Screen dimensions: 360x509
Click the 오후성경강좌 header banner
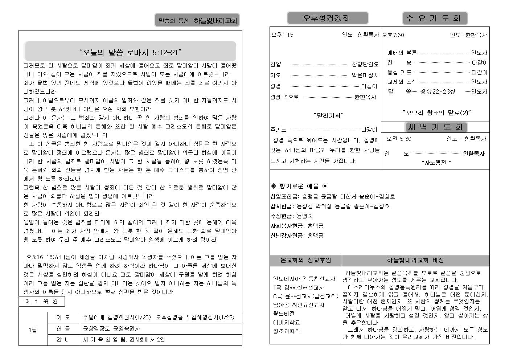(x=327, y=18)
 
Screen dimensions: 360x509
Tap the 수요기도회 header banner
(x=435, y=18)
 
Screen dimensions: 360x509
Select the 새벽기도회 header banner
(x=435, y=127)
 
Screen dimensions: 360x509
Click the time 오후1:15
(x=282, y=35)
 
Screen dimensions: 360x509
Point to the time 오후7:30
(x=393, y=35)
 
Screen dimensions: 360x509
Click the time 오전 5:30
(x=399, y=139)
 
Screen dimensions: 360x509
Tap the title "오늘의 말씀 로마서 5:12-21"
(x=130, y=52)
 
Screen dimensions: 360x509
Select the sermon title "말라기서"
(x=328, y=116)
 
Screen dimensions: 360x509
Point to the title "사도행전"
(x=436, y=163)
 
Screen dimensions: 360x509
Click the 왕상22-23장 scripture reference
(x=438, y=91)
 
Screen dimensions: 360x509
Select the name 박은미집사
(x=365, y=75)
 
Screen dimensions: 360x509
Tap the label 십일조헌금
(x=285, y=196)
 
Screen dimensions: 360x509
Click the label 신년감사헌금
(x=287, y=236)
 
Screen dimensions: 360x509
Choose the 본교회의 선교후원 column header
(x=306, y=260)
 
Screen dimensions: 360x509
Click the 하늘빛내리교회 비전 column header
(x=415, y=260)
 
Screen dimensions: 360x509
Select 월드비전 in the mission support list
(x=284, y=314)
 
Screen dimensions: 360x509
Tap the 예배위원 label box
(x=41, y=301)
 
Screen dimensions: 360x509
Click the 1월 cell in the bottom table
(x=33, y=330)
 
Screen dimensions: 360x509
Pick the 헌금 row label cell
(x=63, y=328)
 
